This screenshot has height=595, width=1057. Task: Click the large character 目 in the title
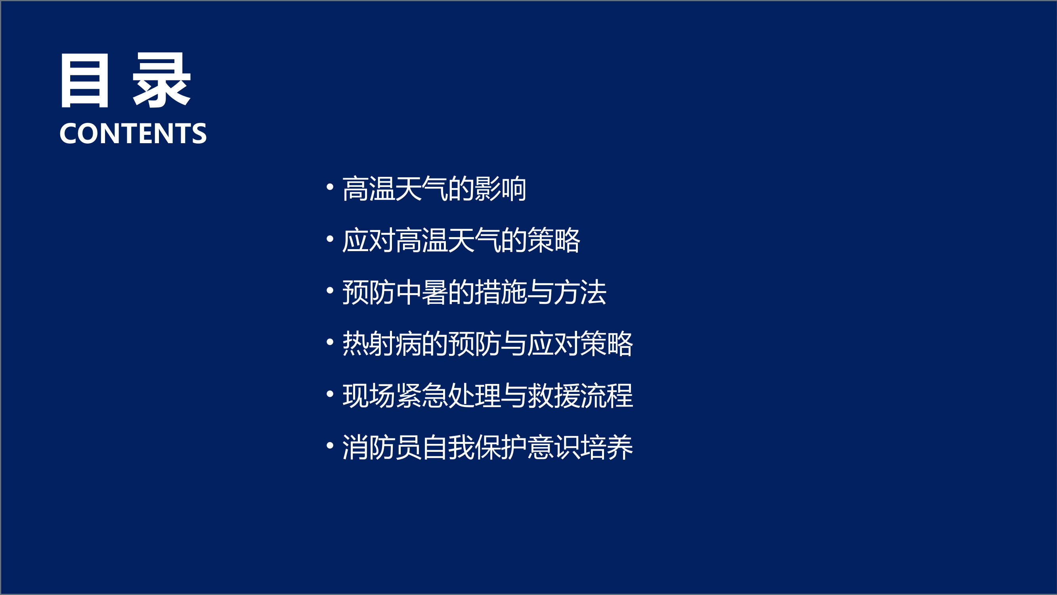pos(84,81)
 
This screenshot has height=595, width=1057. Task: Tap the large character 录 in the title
pos(161,81)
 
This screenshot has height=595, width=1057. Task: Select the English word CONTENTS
pos(133,133)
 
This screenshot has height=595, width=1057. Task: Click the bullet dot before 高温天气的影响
pos(330,187)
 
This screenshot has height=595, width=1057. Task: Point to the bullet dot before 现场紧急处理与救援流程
pos(330,394)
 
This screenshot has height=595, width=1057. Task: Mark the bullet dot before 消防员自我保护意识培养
pos(330,445)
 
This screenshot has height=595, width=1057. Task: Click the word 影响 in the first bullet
pos(500,189)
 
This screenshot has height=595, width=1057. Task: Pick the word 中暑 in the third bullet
pos(421,292)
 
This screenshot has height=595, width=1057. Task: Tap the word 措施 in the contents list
pos(500,292)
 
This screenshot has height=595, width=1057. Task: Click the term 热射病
pos(382,344)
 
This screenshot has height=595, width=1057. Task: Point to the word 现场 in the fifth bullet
pos(369,396)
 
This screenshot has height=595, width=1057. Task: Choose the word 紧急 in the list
pos(421,396)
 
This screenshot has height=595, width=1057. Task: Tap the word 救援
pos(553,396)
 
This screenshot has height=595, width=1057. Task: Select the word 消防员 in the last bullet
pos(382,447)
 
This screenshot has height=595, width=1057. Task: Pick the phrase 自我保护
pos(474,447)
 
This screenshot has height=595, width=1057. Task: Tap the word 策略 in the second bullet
pos(553,241)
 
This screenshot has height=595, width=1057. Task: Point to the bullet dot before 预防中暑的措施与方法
pos(330,291)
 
